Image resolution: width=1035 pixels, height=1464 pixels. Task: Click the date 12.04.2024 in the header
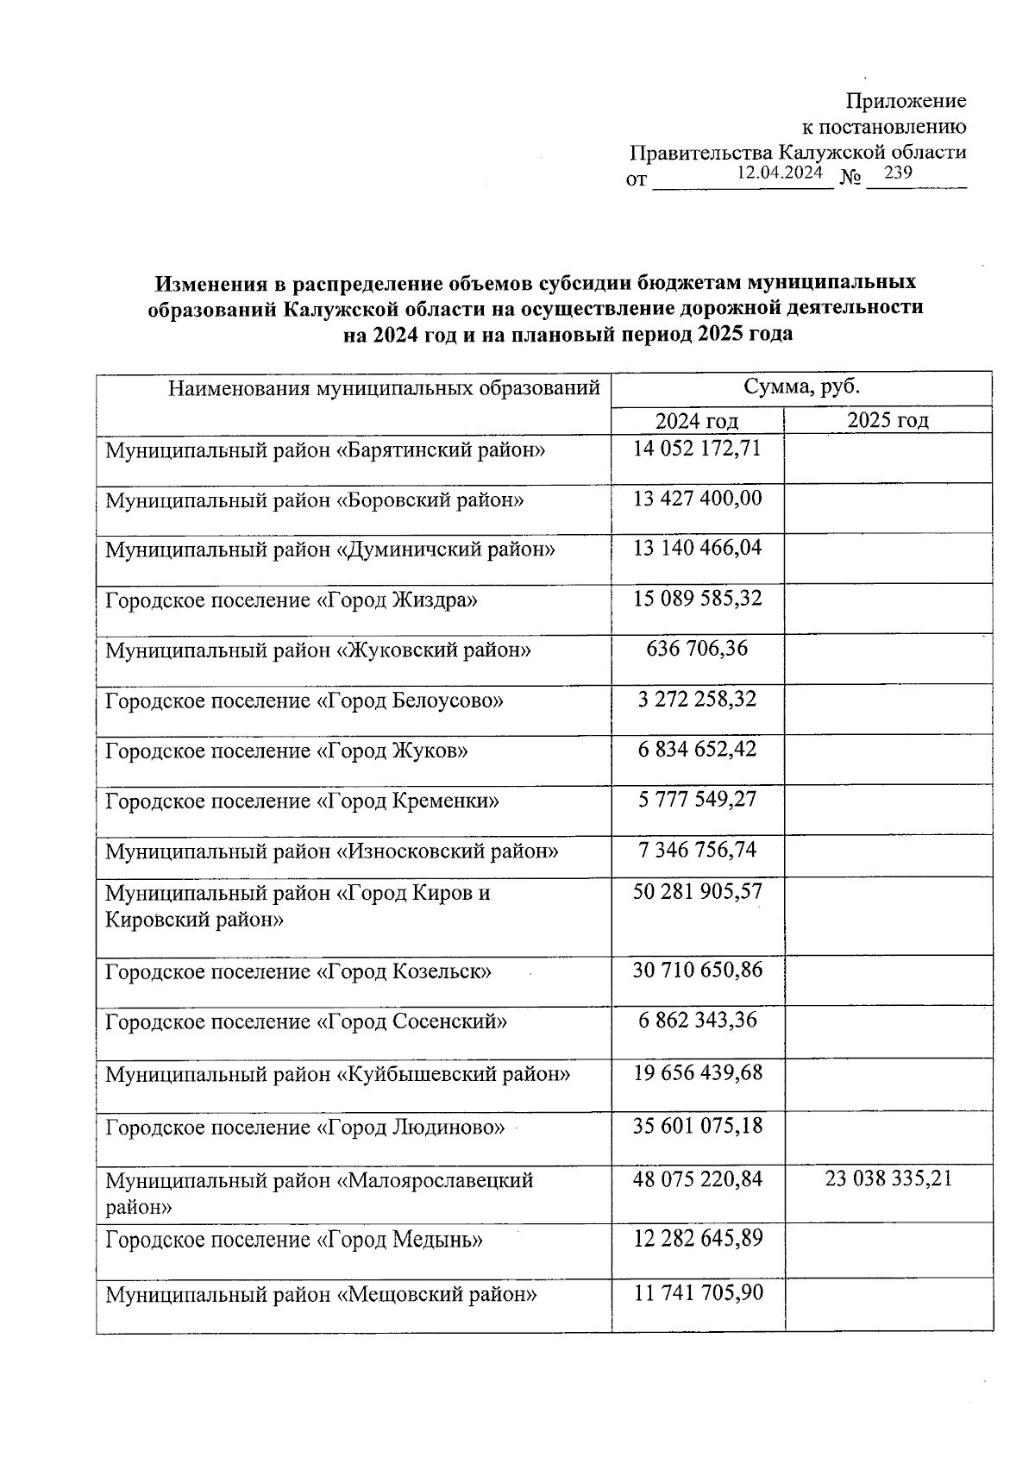780,173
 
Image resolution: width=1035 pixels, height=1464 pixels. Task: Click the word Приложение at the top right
906,101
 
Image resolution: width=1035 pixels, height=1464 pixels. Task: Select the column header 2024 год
697,421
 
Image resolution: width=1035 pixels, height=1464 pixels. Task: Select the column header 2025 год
888,420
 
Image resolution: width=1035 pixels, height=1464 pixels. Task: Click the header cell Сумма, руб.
801,386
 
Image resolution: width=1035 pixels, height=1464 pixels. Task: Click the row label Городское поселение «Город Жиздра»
291,600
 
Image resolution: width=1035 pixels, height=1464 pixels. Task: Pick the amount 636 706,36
697,648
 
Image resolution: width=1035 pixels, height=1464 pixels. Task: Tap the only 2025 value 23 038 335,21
888,1178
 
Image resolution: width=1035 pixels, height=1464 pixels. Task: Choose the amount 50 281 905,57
697,891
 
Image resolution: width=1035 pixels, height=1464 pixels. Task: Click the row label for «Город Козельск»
298,972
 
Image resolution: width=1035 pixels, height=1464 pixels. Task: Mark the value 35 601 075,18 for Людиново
697,1126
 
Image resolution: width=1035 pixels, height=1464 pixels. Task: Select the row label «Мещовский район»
321,1295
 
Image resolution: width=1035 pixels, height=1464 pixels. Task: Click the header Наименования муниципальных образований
384,388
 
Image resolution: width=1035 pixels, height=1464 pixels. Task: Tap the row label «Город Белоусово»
304,701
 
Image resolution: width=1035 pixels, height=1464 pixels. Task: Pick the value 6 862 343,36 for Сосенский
697,1021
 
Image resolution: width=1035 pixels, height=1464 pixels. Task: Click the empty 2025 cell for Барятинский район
888,458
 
